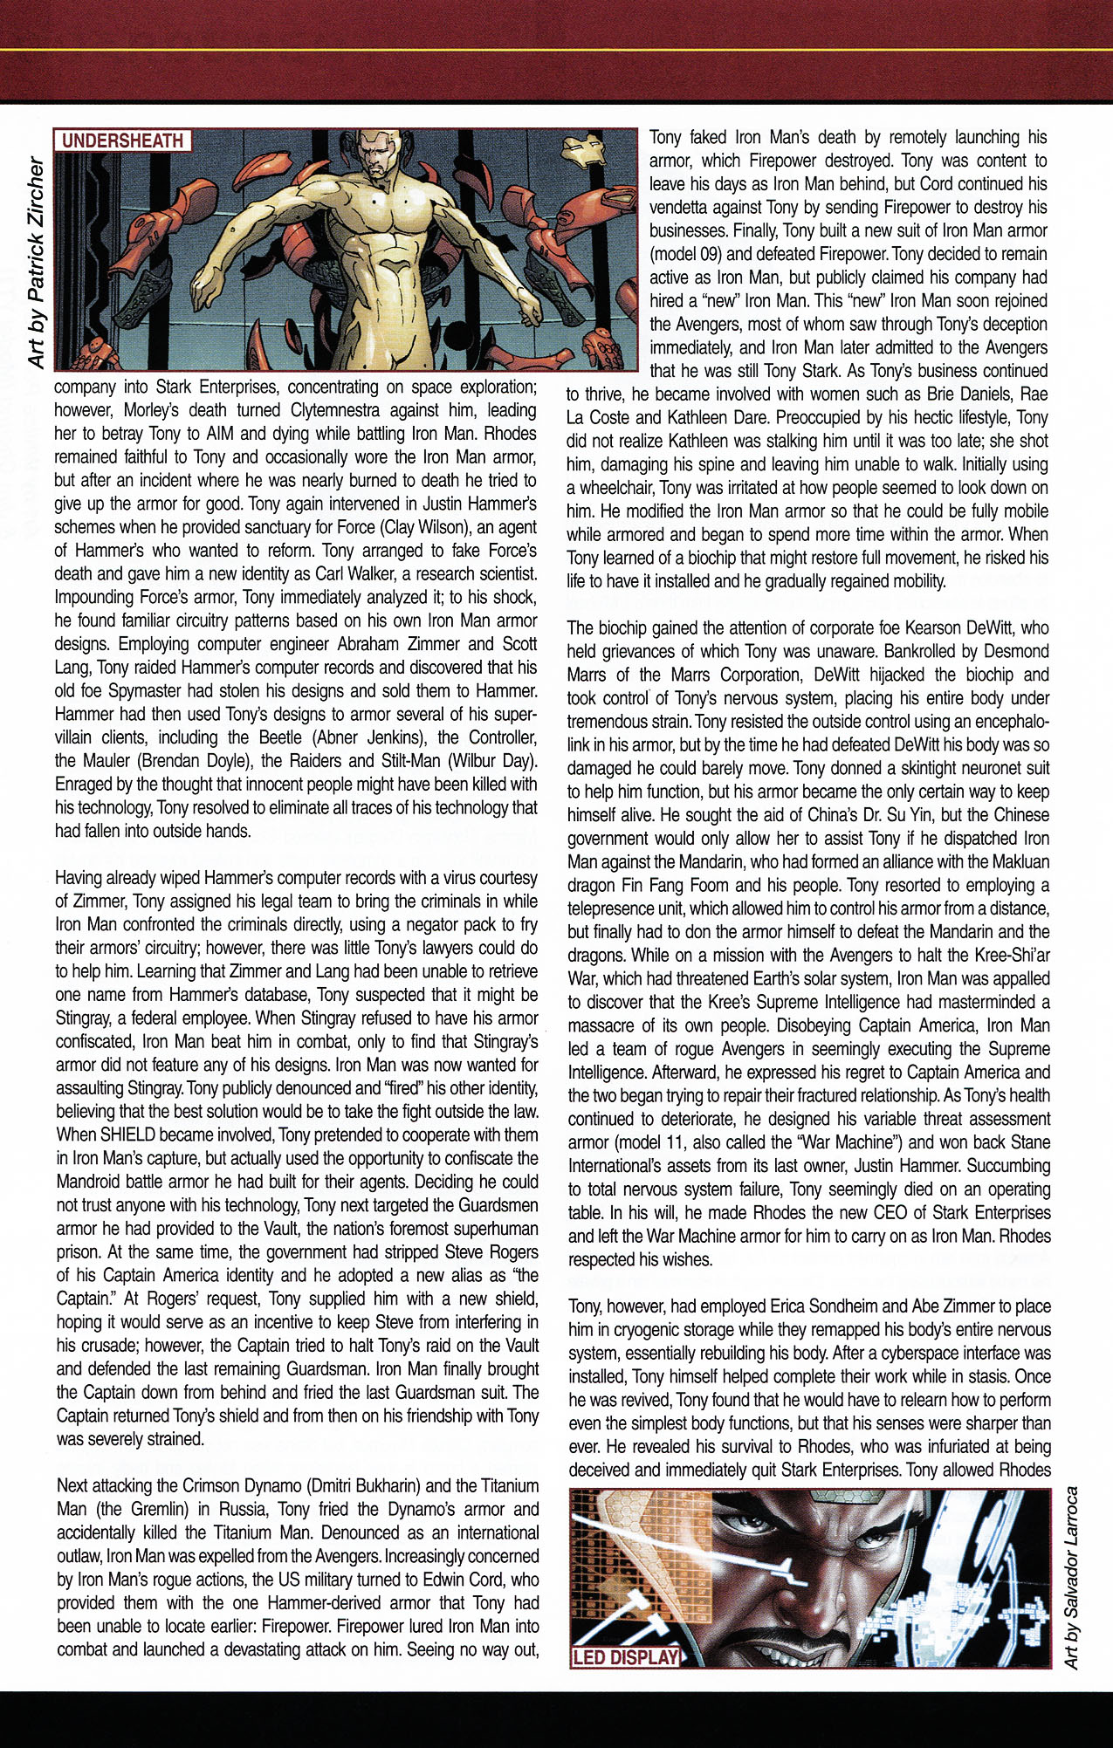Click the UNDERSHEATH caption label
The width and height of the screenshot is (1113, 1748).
[x=122, y=141]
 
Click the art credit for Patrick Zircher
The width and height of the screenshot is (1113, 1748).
[x=36, y=262]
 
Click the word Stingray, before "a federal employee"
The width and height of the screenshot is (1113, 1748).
[x=84, y=1018]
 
